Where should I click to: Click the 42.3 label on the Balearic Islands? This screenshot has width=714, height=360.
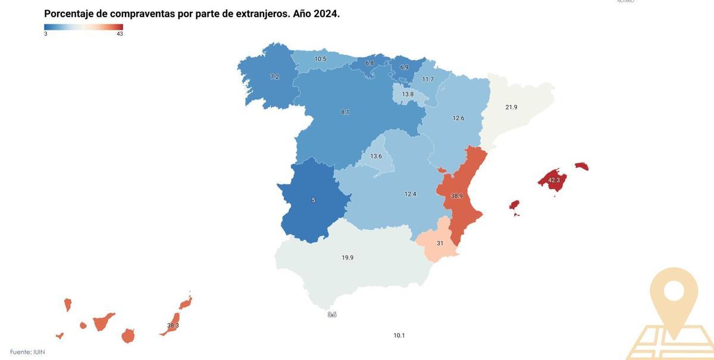pos(554,180)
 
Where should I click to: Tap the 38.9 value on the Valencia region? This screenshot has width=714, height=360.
pos(457,196)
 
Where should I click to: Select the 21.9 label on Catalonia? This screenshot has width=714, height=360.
pos(511,107)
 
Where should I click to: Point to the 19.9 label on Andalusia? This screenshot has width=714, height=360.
pos(347,258)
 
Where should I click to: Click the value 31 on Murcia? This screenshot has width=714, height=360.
pos(440,243)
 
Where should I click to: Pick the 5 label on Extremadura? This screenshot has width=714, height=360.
pos(314,201)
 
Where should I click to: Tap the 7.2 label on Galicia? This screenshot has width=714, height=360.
pos(274,77)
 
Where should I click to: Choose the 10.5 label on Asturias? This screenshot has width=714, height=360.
pos(320,59)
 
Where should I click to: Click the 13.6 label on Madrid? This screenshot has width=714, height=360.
pos(376,156)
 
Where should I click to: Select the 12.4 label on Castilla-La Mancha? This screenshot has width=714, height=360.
pos(411,194)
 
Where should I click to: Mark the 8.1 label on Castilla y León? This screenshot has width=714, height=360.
pos(345,112)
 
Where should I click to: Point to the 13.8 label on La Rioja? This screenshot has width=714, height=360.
pos(408,94)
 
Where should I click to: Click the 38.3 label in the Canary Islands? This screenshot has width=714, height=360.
pos(173,325)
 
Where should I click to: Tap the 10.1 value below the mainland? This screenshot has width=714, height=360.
pos(399,336)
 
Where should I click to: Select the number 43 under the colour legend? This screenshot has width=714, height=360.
pos(120,34)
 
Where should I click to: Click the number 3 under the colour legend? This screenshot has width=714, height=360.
pos(46,34)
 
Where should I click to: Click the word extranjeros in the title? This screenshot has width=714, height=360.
pos(262,14)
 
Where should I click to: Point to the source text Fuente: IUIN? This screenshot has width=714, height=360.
pos(27,352)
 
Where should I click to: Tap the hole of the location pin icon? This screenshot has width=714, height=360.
pos(674,291)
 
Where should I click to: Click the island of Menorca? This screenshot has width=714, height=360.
pos(581,166)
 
